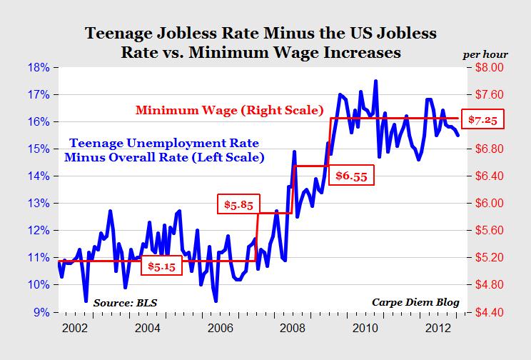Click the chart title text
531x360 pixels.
pos(261,43)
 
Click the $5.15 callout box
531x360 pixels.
pos(161,266)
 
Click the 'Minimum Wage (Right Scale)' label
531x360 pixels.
pos(229,111)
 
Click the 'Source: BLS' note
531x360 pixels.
pos(124,301)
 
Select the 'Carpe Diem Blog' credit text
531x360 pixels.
pos(415,301)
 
